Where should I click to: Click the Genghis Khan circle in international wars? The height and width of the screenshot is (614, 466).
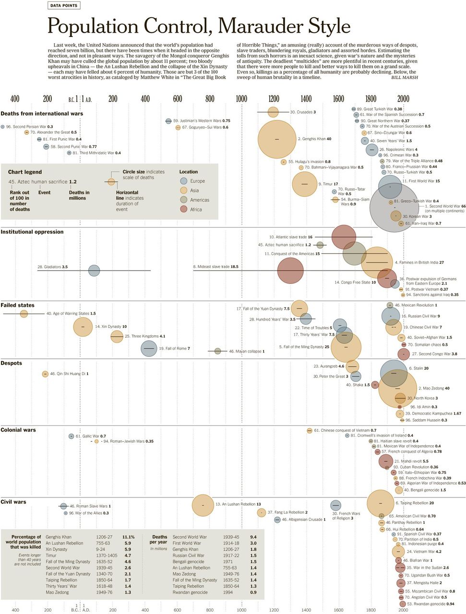click(x=277, y=139)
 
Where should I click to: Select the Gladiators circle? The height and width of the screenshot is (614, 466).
click(x=94, y=271)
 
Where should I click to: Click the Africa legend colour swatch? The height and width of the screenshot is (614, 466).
click(x=183, y=209)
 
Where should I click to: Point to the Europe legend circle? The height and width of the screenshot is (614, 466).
click(x=183, y=181)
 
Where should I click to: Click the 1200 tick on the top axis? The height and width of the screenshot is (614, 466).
click(x=274, y=99)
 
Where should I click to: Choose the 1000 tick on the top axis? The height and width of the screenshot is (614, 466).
click(x=241, y=99)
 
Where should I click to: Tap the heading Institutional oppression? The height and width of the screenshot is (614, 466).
click(x=32, y=232)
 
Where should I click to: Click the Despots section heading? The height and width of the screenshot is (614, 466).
click(x=12, y=363)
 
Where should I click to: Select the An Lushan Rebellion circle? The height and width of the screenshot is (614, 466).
click(x=203, y=505)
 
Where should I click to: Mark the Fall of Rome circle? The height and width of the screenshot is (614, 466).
click(x=149, y=348)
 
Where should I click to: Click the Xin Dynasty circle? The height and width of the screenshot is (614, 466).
click(x=83, y=327)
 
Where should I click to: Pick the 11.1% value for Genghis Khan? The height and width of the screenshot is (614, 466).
click(x=128, y=537)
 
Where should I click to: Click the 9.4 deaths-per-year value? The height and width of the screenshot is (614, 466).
click(x=253, y=537)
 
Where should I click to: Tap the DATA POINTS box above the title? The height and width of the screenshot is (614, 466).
click(x=64, y=6)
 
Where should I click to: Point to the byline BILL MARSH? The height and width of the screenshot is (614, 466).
click(x=404, y=77)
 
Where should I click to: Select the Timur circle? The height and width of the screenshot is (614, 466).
click(x=304, y=184)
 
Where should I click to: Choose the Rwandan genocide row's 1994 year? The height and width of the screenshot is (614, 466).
click(x=228, y=592)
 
